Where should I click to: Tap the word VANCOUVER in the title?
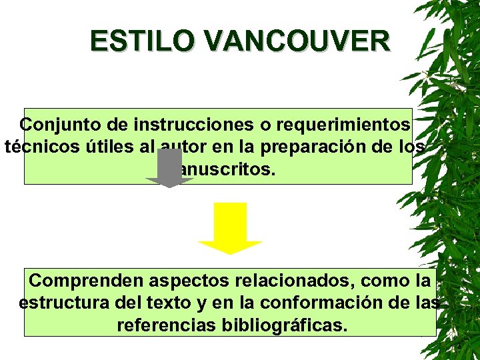(297, 41)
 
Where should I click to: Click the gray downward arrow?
(170, 169)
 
